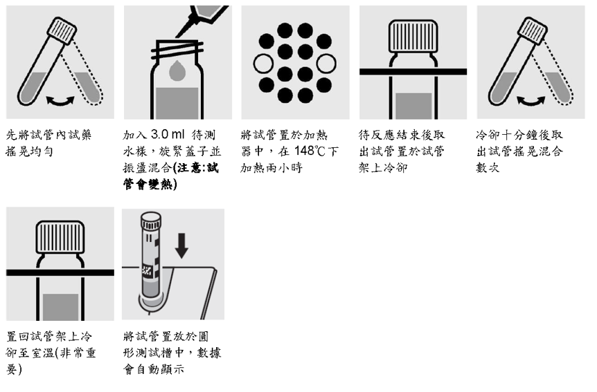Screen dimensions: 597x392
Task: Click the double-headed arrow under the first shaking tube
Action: tap(60, 101)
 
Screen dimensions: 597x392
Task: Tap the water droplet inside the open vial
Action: tap(177, 71)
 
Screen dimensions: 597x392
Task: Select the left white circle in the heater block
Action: tap(263, 64)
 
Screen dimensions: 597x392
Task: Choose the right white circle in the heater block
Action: tap(326, 64)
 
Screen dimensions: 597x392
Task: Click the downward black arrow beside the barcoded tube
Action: tap(181, 245)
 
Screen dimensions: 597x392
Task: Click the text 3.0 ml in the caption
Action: tap(167, 134)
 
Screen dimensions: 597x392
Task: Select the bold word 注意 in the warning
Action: tap(190, 168)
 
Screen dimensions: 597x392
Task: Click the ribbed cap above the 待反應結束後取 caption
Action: tap(413, 37)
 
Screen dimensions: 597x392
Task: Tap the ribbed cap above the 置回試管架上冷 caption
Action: tap(60, 237)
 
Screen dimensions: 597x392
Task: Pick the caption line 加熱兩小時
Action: tap(271, 167)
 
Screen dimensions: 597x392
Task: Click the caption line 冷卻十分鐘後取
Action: tap(519, 135)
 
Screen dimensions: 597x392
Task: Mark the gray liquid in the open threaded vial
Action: tap(177, 103)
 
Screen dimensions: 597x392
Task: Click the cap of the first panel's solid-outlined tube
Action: tap(62, 31)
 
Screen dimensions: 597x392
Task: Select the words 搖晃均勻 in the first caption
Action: tap(29, 151)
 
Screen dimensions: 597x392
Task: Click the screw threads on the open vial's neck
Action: tap(177, 50)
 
